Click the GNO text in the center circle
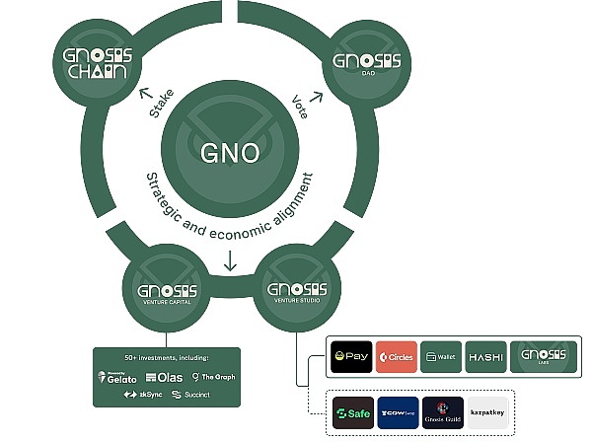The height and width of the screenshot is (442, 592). point(231,153)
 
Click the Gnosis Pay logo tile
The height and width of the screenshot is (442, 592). point(351,356)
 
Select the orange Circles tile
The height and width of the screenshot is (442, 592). point(396,356)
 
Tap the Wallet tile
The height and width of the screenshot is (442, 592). point(440,356)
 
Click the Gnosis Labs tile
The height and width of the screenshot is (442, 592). point(542,356)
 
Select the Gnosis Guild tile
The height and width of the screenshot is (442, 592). point(441,413)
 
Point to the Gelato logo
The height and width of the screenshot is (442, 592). point(118,377)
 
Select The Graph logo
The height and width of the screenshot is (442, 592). point(214,377)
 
